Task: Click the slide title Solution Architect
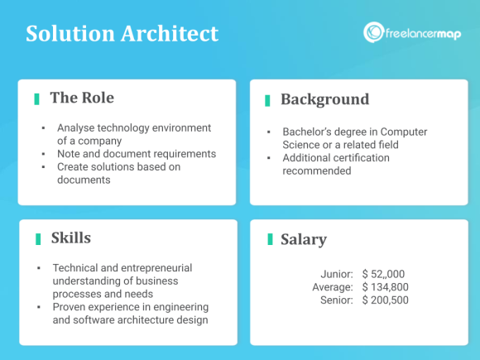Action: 122,34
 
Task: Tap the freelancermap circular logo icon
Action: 373,33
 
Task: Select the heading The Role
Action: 82,98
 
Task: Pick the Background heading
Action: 324,99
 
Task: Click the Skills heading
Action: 70,238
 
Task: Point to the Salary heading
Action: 304,240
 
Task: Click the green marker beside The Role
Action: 37,98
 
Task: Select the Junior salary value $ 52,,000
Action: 384,274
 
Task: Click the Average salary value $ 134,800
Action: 386,286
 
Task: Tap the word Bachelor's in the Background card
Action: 309,132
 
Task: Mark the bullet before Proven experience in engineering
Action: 39,307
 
